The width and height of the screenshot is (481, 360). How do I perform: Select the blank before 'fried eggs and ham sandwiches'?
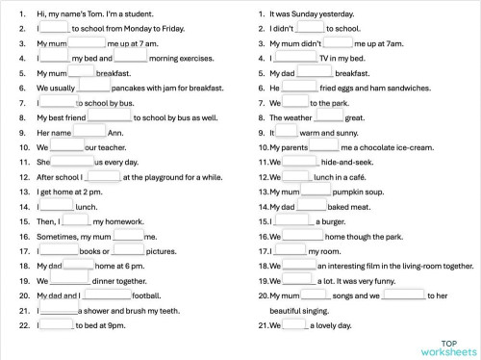[298, 88]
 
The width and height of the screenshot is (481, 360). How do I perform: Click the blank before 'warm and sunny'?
[287, 132]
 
